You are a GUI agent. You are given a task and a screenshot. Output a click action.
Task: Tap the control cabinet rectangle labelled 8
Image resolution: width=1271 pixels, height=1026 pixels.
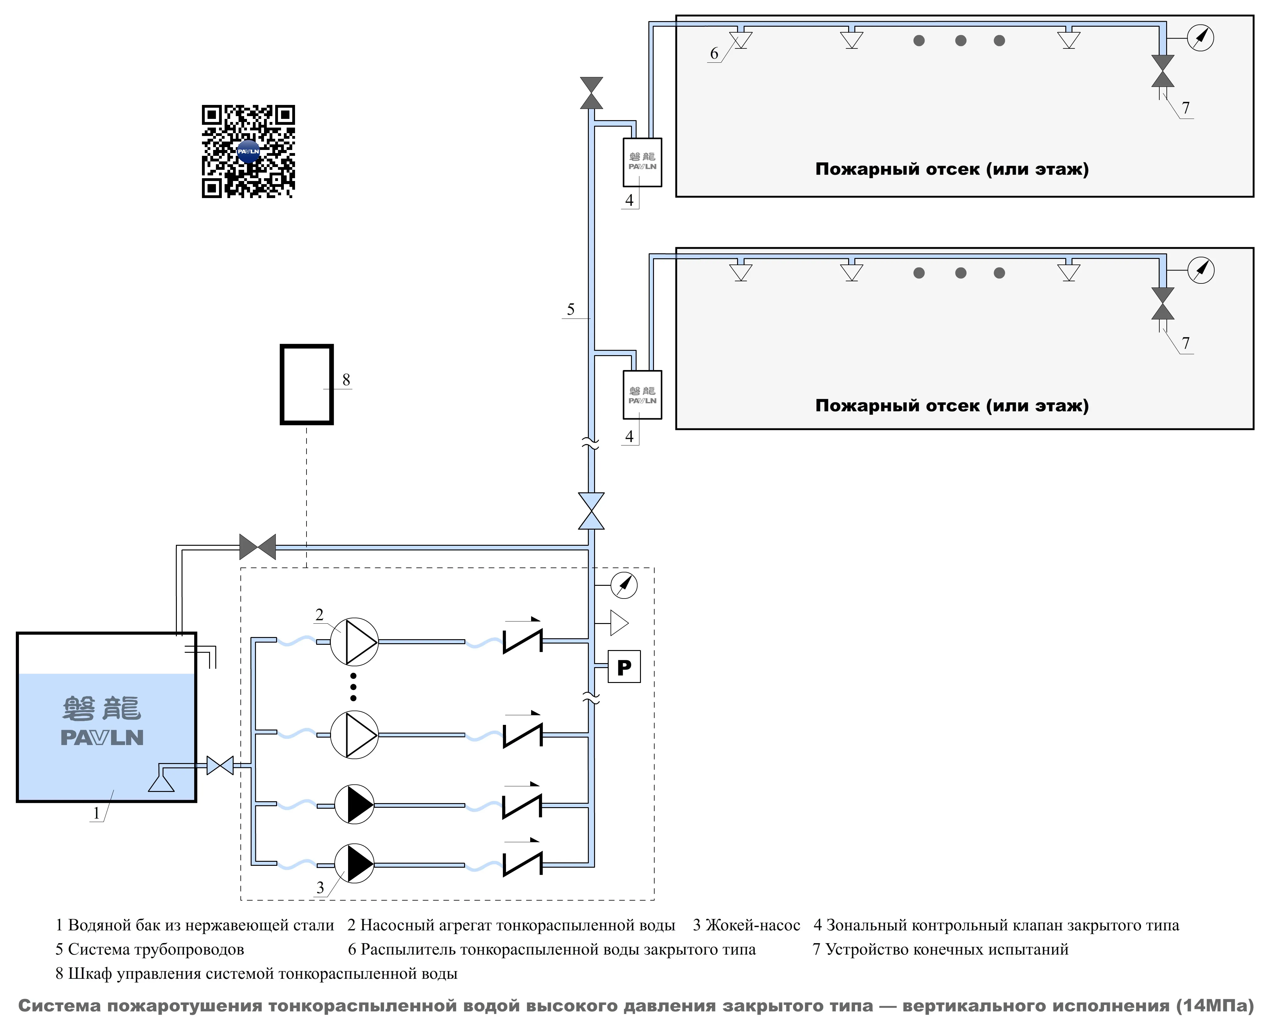click(307, 384)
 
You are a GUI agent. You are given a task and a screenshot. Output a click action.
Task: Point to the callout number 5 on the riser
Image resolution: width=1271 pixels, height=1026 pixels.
click(571, 309)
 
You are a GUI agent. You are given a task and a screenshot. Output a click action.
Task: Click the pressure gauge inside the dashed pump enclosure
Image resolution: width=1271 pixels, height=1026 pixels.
click(624, 585)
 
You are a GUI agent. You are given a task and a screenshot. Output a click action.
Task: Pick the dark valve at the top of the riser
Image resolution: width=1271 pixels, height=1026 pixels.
click(591, 93)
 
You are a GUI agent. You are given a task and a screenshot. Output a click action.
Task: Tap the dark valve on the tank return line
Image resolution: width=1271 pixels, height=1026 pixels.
click(257, 547)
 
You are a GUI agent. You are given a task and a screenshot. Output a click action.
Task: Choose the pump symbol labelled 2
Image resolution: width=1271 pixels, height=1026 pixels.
click(354, 641)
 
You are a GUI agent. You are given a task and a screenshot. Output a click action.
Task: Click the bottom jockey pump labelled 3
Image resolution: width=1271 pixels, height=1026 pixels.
click(354, 863)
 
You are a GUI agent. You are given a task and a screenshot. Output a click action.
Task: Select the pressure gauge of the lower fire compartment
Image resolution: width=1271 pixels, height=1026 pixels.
click(1200, 270)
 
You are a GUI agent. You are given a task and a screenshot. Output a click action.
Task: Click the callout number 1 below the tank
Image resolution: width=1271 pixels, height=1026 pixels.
click(96, 813)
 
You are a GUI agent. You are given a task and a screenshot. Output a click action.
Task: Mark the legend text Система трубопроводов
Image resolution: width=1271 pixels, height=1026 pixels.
click(156, 949)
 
